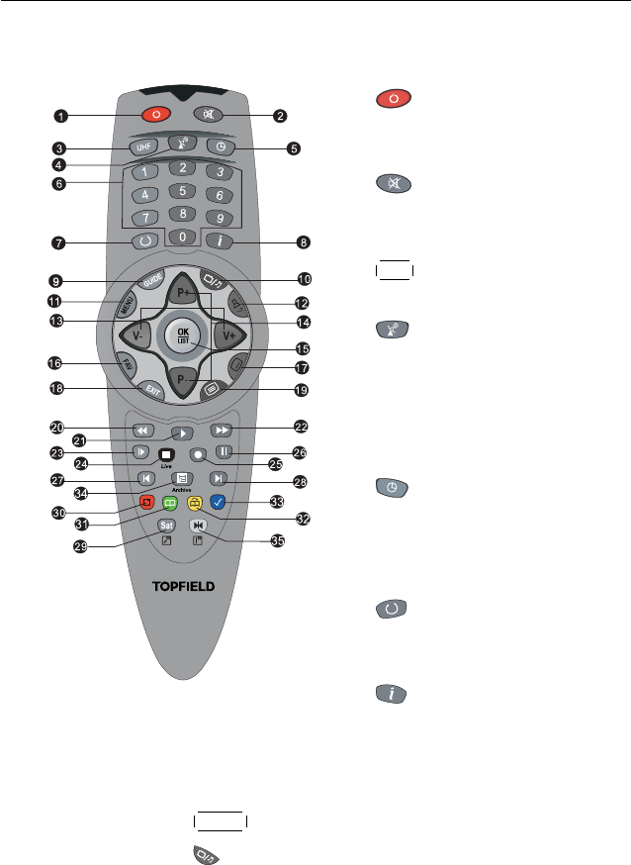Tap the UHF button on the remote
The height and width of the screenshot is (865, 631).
144,148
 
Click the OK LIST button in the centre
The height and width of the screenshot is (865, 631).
183,336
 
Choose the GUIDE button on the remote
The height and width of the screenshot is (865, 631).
152,281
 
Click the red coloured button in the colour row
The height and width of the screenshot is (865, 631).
146,502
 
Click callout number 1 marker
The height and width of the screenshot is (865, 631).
61,116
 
